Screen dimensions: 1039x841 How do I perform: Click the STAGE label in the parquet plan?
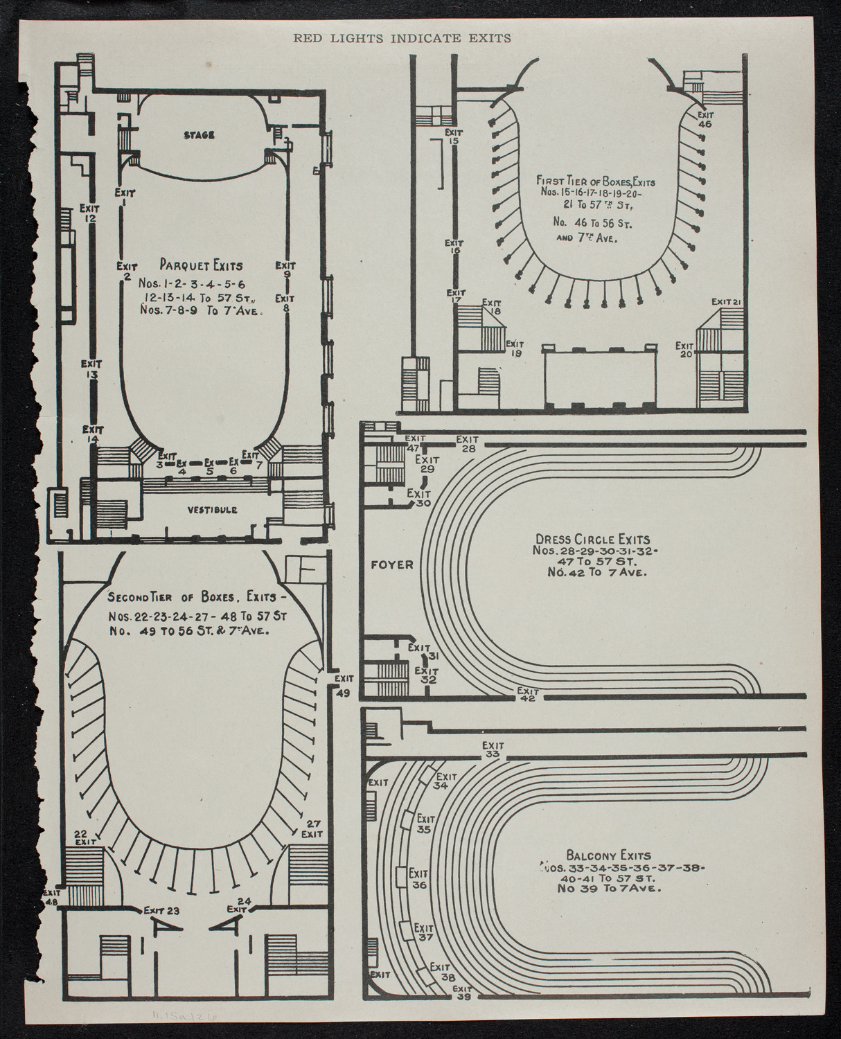point(198,134)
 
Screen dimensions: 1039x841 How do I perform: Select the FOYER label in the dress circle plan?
point(392,565)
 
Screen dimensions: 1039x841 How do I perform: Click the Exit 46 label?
point(705,120)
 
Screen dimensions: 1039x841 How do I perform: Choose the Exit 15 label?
point(454,136)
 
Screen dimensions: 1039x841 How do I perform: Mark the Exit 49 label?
point(344,684)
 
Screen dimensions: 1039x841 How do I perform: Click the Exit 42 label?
point(528,695)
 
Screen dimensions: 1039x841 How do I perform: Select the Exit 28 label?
point(468,444)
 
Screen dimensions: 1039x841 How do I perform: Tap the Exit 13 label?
point(91,368)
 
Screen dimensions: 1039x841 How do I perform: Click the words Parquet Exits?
point(201,265)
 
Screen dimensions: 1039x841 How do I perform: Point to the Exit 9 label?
point(285,269)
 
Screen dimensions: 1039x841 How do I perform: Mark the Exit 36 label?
point(418,878)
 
